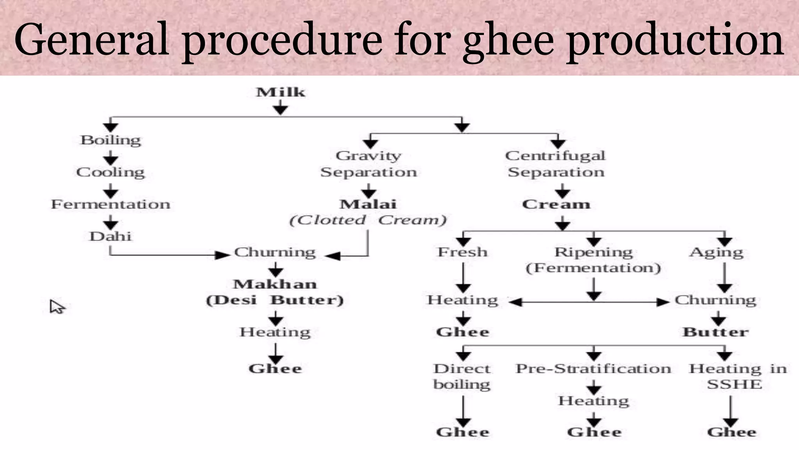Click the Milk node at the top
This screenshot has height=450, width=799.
(281, 92)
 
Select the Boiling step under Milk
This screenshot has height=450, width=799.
(110, 140)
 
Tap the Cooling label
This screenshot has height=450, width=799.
(110, 172)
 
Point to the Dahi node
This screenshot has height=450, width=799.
(110, 236)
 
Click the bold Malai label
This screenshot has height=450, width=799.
(368, 204)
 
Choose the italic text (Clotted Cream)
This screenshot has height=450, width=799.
(368, 220)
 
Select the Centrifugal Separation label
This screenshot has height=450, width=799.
(556, 164)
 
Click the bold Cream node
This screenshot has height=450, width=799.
(556, 204)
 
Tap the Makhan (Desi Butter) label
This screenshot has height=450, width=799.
(275, 292)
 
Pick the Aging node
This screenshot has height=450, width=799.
(716, 252)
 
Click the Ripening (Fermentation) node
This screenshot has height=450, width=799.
(593, 260)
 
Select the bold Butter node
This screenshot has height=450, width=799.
(716, 332)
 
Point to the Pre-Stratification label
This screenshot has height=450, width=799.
(593, 368)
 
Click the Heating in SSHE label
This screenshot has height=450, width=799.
(737, 376)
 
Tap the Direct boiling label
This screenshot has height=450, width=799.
(462, 376)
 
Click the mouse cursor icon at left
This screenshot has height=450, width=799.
(57, 307)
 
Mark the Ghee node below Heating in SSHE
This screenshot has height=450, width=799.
(732, 432)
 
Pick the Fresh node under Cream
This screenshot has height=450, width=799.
(462, 252)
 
